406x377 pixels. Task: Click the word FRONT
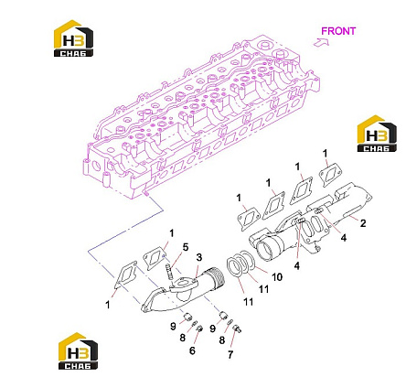click(338, 31)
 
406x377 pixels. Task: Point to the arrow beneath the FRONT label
click(321, 42)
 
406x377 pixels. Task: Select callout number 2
click(363, 223)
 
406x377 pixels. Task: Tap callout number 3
click(198, 257)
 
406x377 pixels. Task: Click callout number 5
click(186, 247)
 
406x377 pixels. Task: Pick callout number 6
click(192, 350)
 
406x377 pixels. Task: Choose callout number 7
click(230, 354)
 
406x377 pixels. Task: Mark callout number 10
click(277, 277)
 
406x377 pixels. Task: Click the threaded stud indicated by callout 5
click(169, 271)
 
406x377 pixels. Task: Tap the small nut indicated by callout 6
click(199, 329)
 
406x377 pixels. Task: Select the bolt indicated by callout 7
click(237, 329)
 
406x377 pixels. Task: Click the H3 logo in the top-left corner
click(73, 38)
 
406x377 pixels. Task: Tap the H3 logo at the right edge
click(377, 134)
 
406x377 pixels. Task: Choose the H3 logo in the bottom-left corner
click(78, 350)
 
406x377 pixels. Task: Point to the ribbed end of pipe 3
click(218, 275)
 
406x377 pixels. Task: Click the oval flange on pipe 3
click(184, 285)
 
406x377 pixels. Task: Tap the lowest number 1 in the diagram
click(107, 305)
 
